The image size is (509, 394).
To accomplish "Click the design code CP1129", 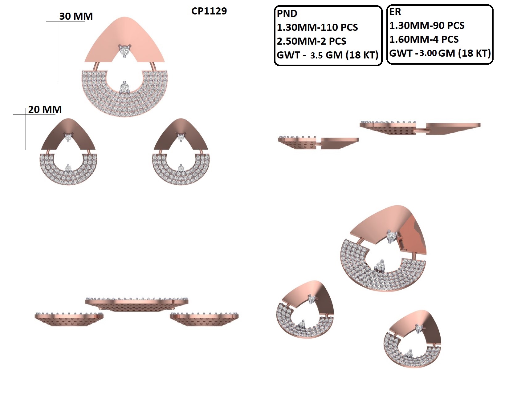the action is click(x=209, y=11).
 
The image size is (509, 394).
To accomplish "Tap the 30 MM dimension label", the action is click(x=76, y=16).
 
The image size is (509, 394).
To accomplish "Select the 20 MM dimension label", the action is click(x=45, y=110).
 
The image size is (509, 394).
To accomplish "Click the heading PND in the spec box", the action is click(x=287, y=14).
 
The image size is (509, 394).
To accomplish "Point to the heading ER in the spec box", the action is click(x=395, y=12).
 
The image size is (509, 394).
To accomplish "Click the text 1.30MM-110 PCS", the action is click(x=317, y=27).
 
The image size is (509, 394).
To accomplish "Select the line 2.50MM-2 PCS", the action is click(x=311, y=41).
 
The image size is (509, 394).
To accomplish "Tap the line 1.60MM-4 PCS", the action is click(x=424, y=39).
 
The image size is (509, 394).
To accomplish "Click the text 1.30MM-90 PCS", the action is click(x=427, y=25).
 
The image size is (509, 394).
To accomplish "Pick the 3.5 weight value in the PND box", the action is click(x=316, y=55).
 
